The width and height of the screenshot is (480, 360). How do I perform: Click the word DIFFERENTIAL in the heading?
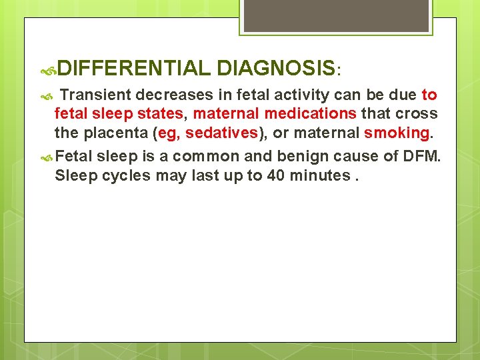pyautogui.click(x=134, y=68)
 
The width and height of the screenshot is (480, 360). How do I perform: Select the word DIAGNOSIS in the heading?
pyautogui.click(x=275, y=68)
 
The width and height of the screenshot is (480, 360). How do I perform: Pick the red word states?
pyautogui.click(x=159, y=114)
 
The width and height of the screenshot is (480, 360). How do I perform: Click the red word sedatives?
pyautogui.click(x=221, y=133)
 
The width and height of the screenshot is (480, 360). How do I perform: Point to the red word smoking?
pyautogui.click(x=397, y=133)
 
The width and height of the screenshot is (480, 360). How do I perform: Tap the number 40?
pyautogui.click(x=274, y=175)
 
